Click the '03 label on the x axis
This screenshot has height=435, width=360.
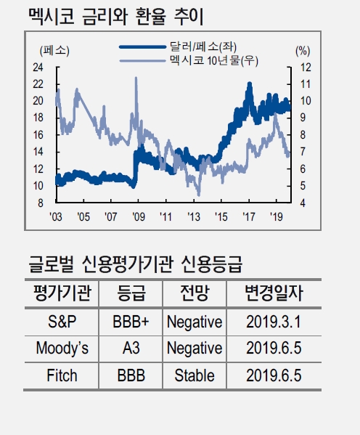[x=55, y=216]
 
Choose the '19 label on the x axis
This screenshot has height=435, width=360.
[x=276, y=216]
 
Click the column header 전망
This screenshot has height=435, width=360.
[x=194, y=293]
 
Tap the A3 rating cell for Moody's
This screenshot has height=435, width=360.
[x=131, y=349]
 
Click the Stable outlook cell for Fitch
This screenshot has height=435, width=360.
[x=194, y=375]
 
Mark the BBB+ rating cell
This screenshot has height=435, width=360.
[x=131, y=321]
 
